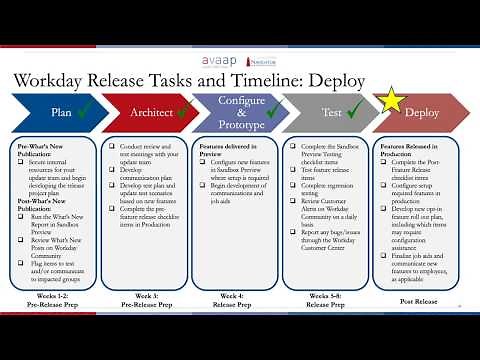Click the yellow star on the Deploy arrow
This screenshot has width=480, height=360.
[388, 101]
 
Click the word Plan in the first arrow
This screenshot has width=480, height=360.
[62, 114]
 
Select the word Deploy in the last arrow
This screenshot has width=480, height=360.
[421, 114]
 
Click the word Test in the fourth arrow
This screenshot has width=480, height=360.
[332, 114]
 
